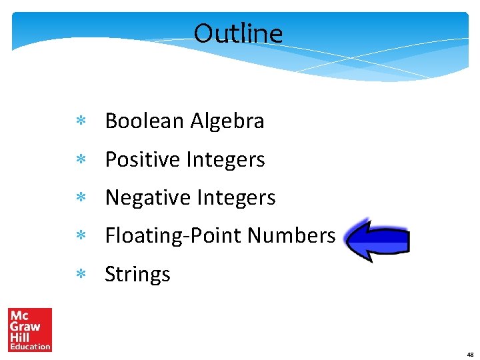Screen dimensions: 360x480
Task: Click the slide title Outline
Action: point(238,33)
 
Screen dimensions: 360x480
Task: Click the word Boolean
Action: point(145,121)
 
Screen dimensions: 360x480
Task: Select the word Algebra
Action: point(227,121)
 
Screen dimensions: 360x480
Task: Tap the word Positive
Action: point(143,160)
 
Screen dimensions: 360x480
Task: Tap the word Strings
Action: point(137,275)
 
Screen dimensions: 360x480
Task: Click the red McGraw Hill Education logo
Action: point(29,329)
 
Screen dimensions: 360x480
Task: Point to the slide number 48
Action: point(470,354)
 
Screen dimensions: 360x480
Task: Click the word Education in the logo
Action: point(29,346)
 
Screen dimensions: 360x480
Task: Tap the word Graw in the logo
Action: point(24,327)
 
